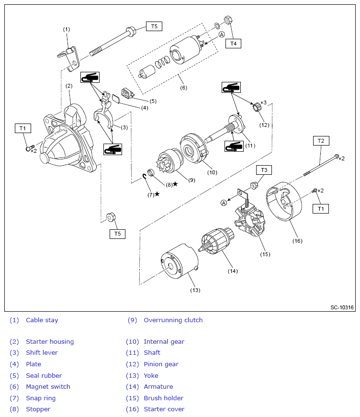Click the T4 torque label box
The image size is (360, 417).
[x=233, y=44]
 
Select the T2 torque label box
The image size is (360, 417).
[x=321, y=141]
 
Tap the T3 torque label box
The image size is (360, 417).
[x=264, y=170]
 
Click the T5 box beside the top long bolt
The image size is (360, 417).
[x=154, y=26]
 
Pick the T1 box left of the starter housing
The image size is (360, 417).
[x=22, y=128]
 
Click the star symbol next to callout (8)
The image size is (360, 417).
[x=175, y=184]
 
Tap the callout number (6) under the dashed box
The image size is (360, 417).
[x=183, y=88]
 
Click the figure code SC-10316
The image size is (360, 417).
[x=342, y=307]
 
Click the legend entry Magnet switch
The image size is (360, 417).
[x=48, y=387]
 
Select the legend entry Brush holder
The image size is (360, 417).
[x=163, y=398]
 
